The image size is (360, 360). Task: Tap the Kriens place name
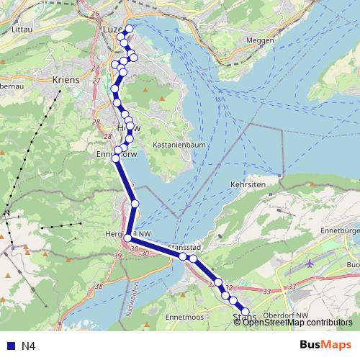coord(66,80)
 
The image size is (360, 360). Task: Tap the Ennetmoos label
coord(182,316)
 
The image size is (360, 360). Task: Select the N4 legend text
coord(29,346)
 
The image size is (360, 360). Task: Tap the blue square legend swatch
coord(9,346)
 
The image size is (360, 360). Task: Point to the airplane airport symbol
coord(310,264)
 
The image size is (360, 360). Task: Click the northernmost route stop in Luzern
coord(130,29)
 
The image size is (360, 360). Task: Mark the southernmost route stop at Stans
coord(246,310)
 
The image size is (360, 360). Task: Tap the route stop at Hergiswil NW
coord(128,238)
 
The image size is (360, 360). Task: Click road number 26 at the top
coord(94,13)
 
